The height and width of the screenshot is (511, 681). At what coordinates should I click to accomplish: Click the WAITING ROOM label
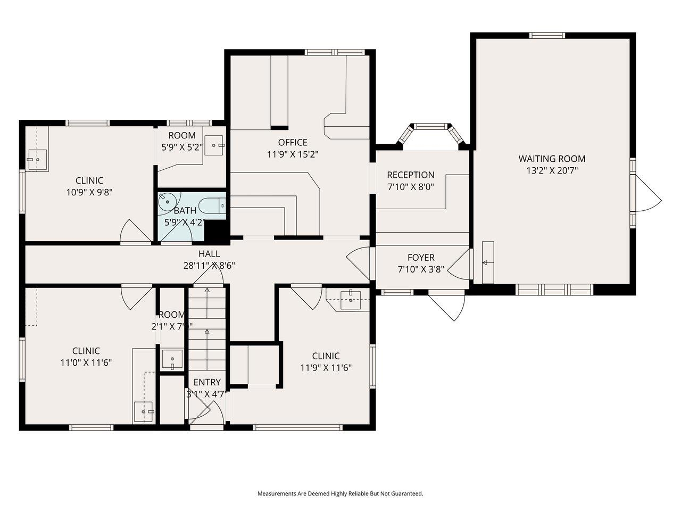[552, 159]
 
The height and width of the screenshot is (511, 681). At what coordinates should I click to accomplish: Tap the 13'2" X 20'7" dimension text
[552, 171]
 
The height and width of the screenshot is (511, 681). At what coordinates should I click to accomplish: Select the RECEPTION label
[410, 175]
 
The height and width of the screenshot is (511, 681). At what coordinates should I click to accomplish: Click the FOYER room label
[421, 258]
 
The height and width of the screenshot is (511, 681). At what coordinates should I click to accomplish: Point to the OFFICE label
[293, 142]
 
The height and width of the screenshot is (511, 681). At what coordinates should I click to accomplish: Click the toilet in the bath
[213, 205]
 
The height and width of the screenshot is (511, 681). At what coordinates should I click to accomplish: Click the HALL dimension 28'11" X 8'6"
[209, 266]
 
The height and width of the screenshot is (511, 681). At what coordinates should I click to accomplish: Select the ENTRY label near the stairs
[206, 382]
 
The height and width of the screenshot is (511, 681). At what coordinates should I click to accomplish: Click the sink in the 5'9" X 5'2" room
[215, 145]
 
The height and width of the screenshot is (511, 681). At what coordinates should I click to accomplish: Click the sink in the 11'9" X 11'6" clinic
[351, 299]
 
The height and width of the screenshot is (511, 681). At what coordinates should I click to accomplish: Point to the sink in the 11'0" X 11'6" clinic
[144, 412]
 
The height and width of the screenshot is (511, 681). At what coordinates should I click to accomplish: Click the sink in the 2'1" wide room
[172, 359]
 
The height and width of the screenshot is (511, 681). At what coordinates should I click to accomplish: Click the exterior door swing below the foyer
[449, 307]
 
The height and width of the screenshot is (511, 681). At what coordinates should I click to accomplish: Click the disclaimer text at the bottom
[340, 493]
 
